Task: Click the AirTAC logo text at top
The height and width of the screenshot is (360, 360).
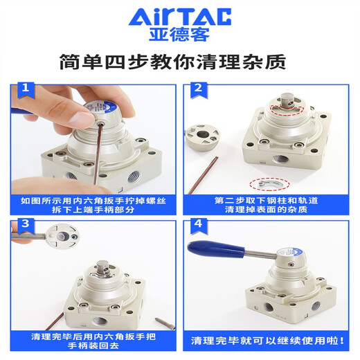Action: coord(180,16)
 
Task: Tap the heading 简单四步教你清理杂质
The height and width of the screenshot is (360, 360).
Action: coord(180,61)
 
